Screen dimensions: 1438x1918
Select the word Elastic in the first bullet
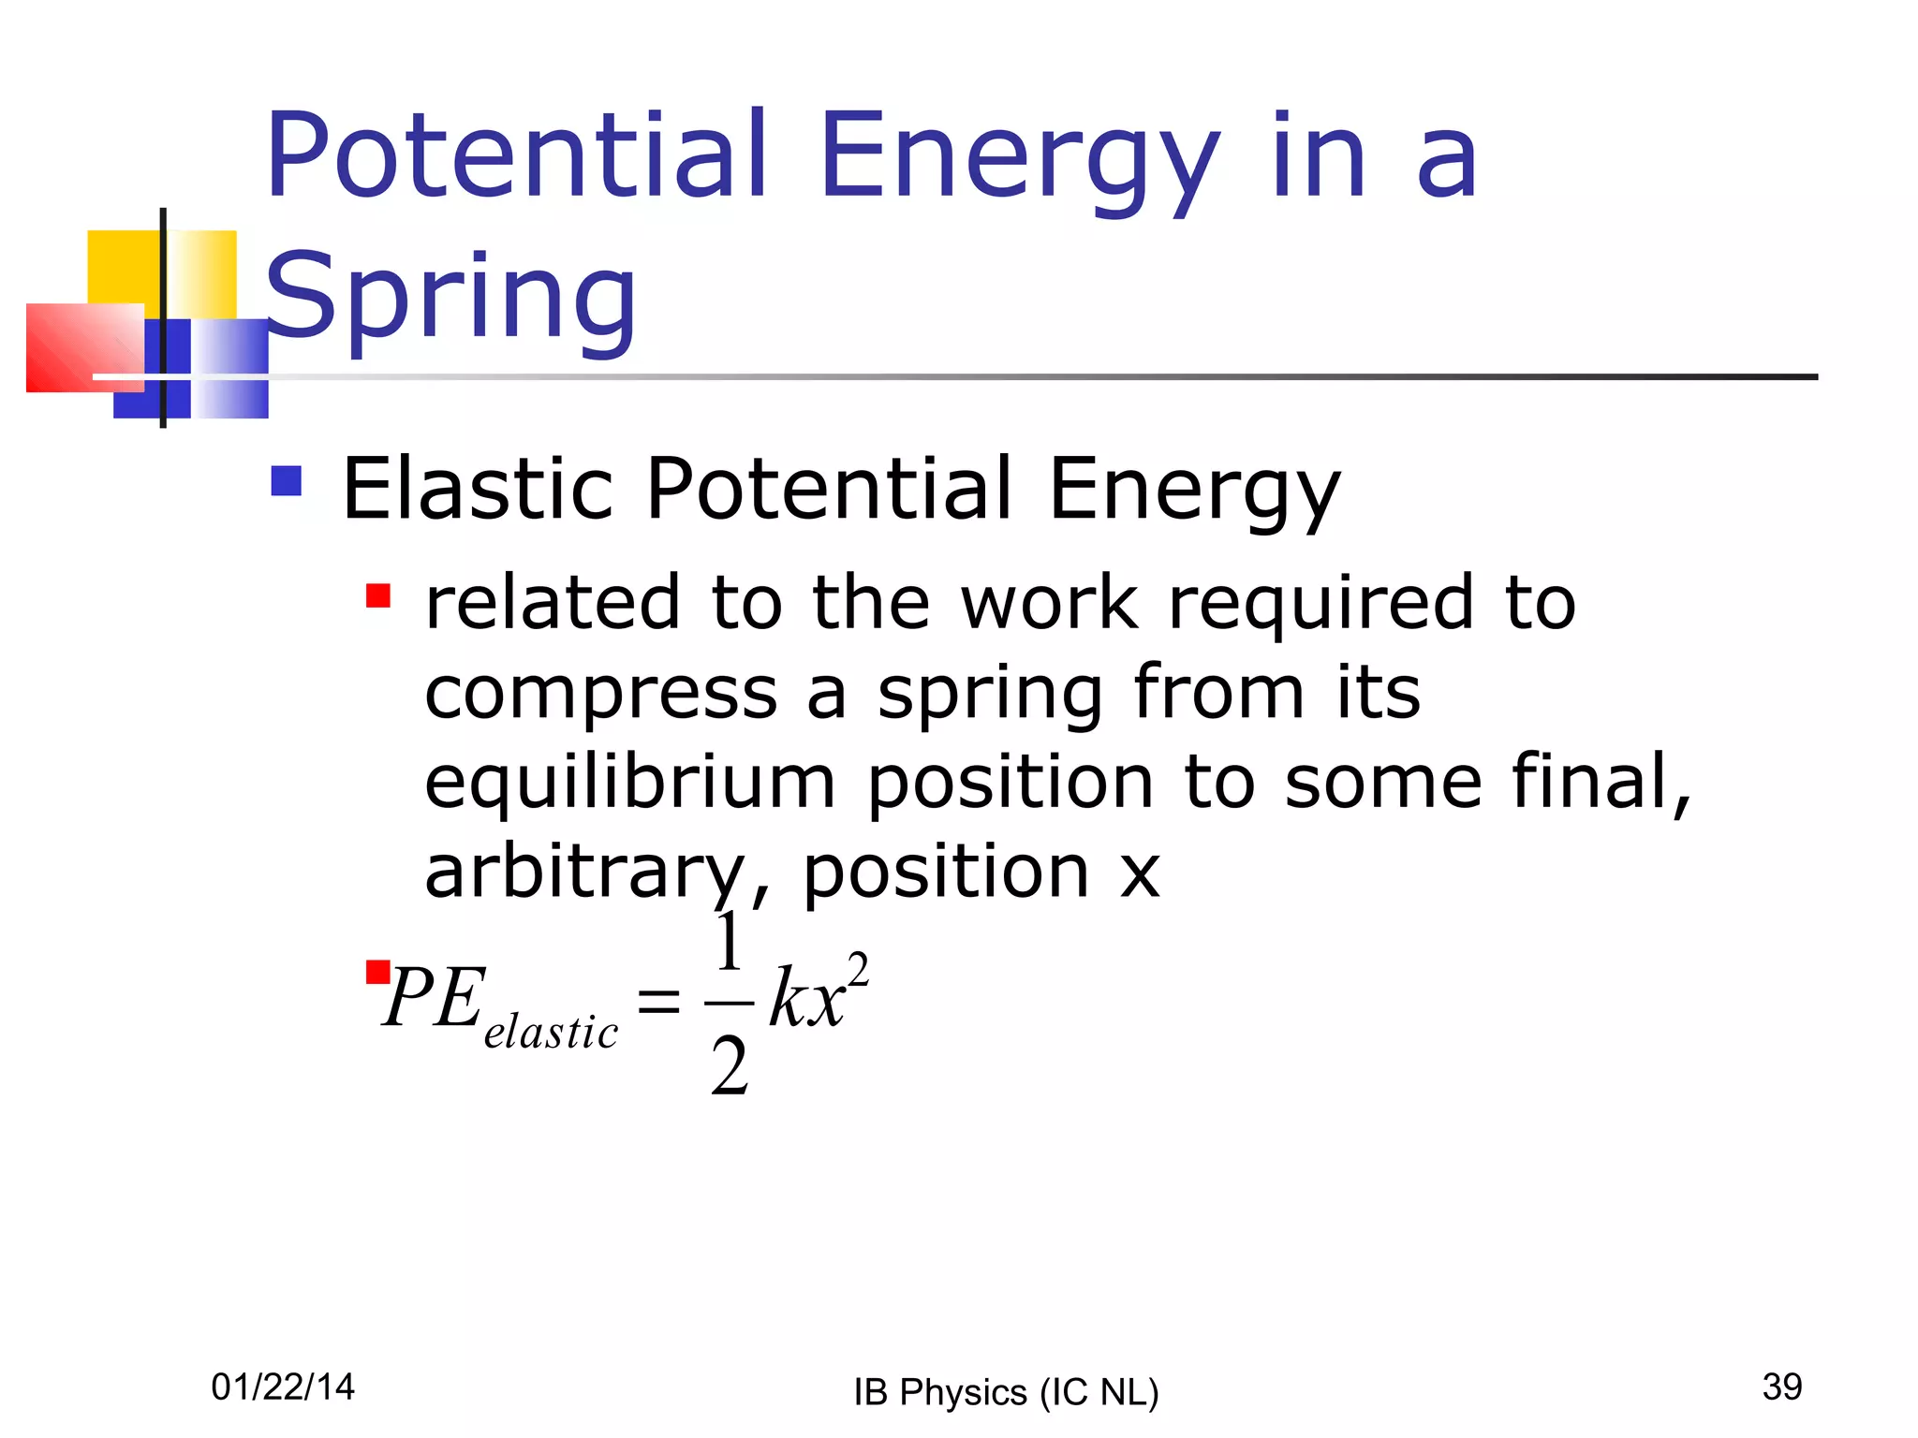tap(478, 489)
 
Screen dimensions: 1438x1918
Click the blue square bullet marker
tap(287, 481)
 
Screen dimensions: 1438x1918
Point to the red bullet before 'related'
tap(378, 596)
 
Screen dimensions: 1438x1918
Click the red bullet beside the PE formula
tap(377, 972)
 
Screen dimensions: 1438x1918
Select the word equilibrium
tap(629, 783)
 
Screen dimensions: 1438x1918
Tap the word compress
tap(600, 694)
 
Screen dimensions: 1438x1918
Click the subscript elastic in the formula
tap(551, 1033)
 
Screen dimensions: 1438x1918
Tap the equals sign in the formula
tap(658, 1002)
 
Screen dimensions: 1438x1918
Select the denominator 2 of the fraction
tap(730, 1066)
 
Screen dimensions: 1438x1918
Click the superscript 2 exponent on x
tap(858, 970)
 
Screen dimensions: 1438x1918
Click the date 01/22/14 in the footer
tap(283, 1387)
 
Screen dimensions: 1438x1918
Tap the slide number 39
tap(1781, 1387)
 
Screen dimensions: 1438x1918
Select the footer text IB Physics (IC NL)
tap(1006, 1392)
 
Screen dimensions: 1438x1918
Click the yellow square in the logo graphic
tap(123, 267)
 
